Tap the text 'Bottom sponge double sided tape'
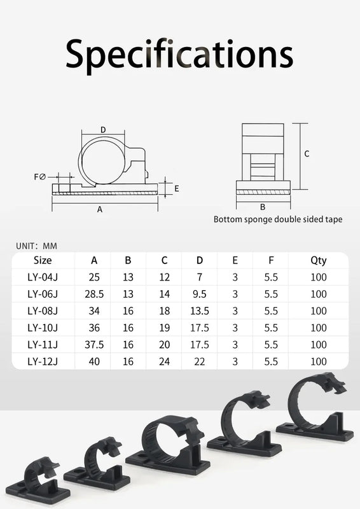277,220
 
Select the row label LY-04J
43,277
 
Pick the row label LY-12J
43,361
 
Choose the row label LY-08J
43,311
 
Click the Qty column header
319,260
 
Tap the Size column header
43,260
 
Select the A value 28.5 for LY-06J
94,294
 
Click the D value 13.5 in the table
199,311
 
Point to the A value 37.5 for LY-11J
94,345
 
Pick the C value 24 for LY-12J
164,361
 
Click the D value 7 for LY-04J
199,277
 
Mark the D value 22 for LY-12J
199,361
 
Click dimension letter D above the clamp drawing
103,130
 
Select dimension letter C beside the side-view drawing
307,153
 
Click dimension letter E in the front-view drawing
176,188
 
